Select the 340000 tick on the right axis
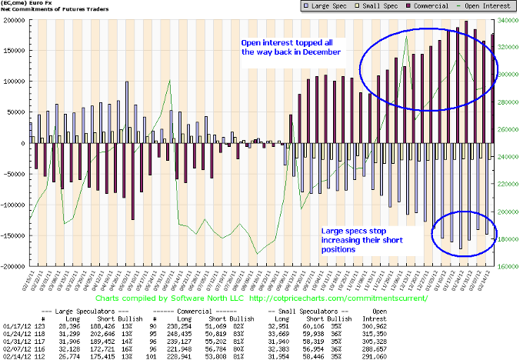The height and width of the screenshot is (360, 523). pyautogui.click(x=508, y=20)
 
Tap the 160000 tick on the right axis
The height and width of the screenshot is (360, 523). pyautogui.click(x=508, y=267)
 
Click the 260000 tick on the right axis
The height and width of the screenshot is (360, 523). pyautogui.click(x=508, y=129)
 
